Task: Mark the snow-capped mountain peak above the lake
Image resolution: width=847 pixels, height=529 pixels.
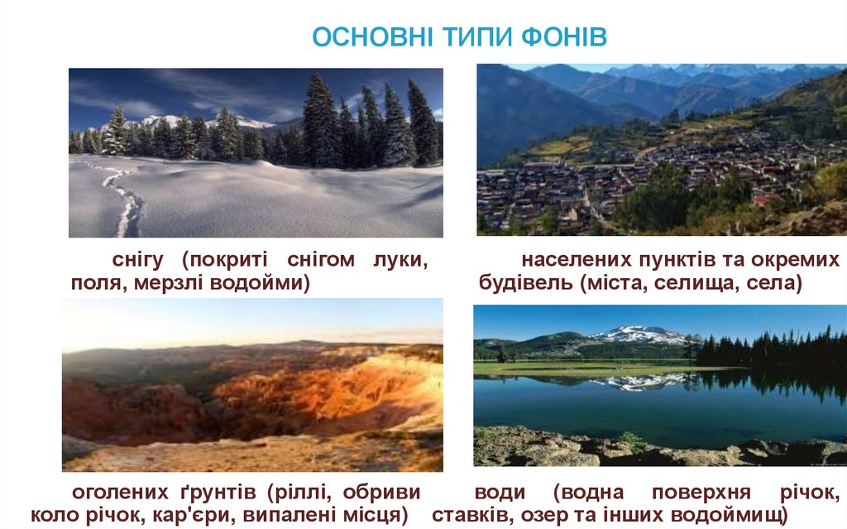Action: click(641, 334)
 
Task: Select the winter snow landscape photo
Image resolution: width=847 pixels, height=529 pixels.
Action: click(256, 152)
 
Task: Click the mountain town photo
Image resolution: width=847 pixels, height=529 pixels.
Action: click(661, 149)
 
